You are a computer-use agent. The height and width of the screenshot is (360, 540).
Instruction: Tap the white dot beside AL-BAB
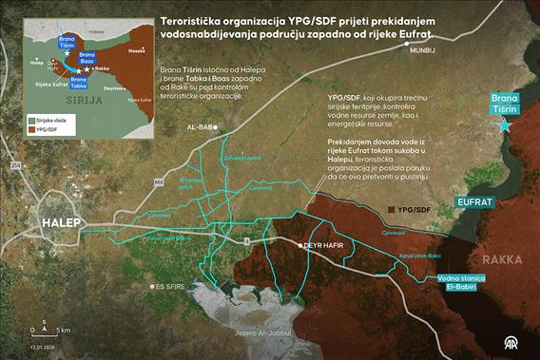pos(216,126)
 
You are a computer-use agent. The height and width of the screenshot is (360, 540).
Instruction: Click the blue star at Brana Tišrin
pos(504,125)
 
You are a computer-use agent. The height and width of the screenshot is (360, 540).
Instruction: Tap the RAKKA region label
pos(501,258)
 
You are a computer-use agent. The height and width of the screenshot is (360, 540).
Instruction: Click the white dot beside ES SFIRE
pos(151,285)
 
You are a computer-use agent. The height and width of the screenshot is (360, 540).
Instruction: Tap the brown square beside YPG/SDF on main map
pos(391,209)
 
